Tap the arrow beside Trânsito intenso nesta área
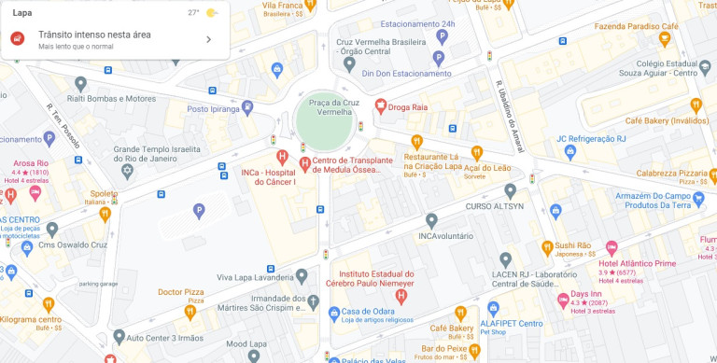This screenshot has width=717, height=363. tap(208, 39)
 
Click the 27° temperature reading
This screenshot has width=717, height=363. tap(193, 13)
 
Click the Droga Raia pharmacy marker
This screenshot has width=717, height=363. tap(380, 106)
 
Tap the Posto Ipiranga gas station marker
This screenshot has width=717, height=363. tap(246, 108)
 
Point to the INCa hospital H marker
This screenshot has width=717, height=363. tap(282, 156)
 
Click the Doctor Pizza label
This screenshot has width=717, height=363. tap(180, 292)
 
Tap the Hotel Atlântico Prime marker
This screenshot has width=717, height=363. tap(612, 249)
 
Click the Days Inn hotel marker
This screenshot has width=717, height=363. tap(563, 300)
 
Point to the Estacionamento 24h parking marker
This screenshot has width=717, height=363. tap(442, 37)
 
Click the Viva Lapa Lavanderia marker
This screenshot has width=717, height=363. tap(301, 277)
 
